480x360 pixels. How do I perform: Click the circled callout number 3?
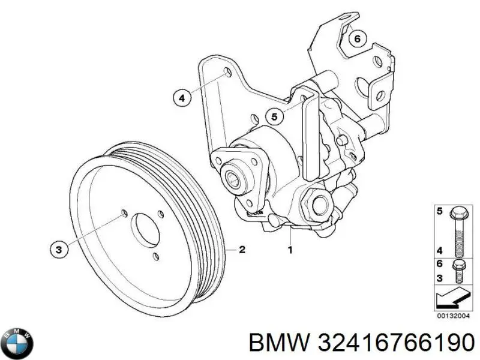tap(58, 250)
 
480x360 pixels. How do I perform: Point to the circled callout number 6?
tap(357, 39)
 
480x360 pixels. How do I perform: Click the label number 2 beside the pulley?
tap(242, 250)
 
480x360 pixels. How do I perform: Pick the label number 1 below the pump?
tap(290, 250)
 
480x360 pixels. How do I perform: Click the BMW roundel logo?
tap(18, 343)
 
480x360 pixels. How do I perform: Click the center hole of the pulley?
tap(142, 229)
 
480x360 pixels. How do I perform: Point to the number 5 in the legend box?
tap(439, 211)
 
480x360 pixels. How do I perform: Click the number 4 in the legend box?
tap(439, 251)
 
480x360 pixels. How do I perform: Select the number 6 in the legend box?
tap(439, 264)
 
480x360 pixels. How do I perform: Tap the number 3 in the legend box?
tap(439, 278)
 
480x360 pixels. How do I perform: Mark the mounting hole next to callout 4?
tap(227, 73)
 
